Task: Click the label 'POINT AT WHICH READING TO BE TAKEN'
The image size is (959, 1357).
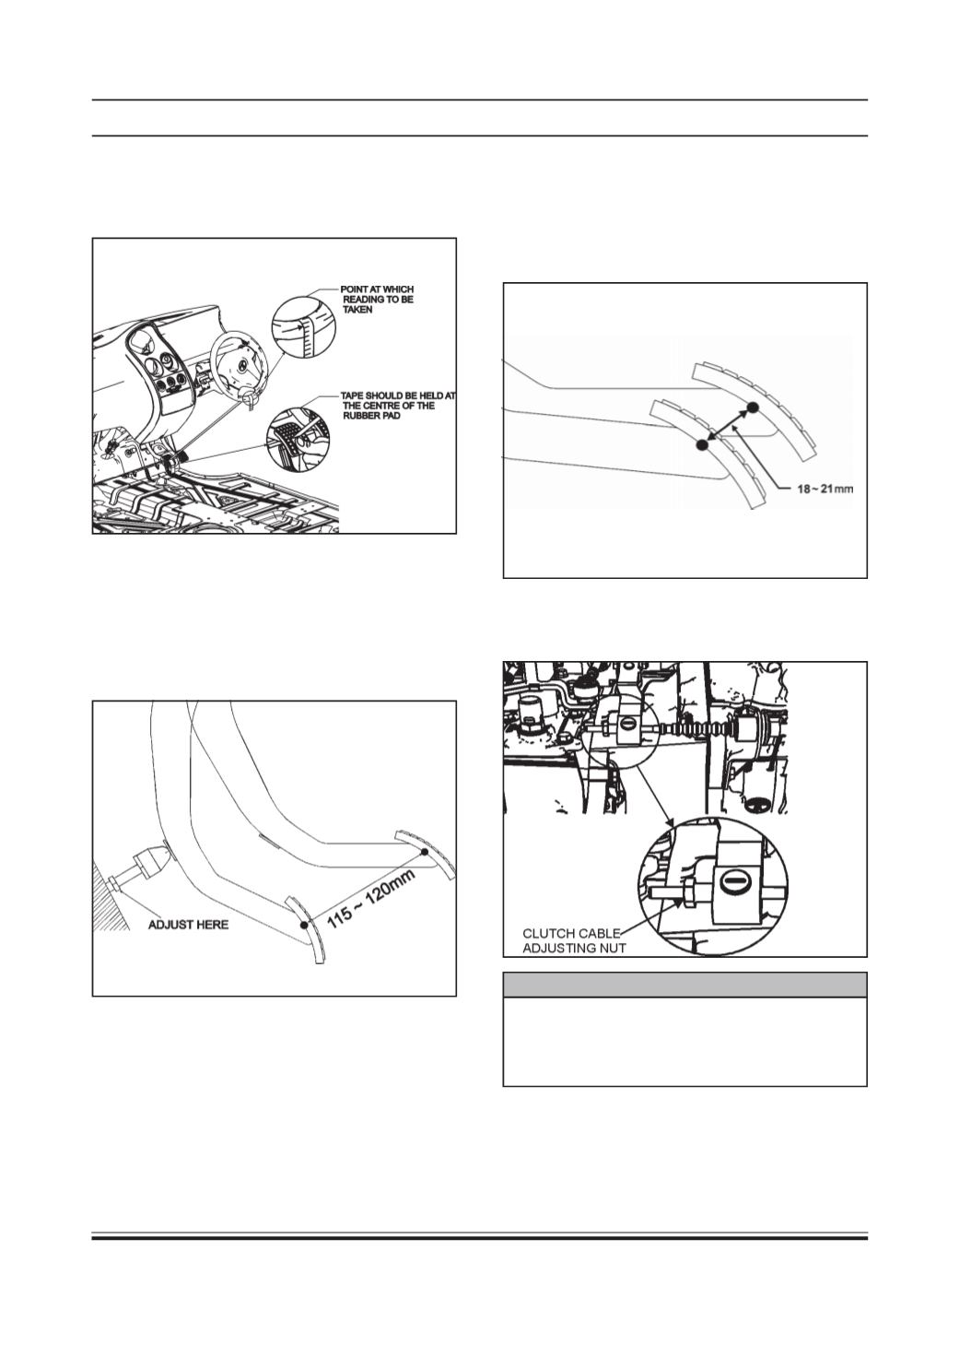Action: coord(377,300)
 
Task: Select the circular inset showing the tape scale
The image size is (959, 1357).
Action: coord(303,327)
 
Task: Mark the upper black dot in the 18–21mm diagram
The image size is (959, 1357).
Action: coord(752,407)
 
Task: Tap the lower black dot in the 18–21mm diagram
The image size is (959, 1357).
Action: coord(702,445)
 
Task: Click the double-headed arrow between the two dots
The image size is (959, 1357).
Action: coord(727,427)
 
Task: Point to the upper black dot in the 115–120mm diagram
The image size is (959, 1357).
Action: coord(425,852)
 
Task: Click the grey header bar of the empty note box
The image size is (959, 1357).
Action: coord(684,985)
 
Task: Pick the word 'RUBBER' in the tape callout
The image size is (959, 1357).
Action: coord(361,416)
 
